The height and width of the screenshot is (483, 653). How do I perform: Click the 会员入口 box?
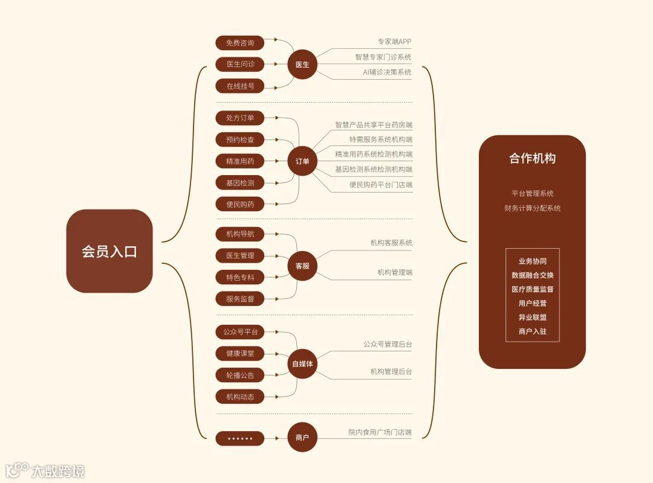(109, 251)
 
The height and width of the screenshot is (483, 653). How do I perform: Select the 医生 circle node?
(302, 65)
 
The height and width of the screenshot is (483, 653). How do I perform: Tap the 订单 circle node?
(302, 161)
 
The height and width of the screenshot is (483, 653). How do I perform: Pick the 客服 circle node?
(302, 266)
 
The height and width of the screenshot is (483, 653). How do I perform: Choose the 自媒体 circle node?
(302, 363)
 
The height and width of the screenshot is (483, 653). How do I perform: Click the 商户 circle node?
(302, 438)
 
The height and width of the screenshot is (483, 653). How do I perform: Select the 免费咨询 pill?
(240, 43)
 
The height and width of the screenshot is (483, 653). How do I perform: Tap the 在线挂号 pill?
(240, 86)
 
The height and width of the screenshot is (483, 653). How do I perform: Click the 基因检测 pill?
(240, 182)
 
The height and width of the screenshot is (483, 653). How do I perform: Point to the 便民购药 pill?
(240, 204)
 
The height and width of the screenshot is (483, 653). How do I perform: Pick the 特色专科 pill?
(240, 277)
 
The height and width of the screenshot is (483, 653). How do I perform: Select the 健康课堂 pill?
(240, 354)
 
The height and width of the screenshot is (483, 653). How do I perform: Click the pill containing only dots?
(240, 438)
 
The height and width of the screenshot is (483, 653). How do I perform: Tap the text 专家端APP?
(394, 42)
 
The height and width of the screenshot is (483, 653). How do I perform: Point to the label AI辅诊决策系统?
(387, 72)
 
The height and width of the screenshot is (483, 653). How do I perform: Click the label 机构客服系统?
(391, 243)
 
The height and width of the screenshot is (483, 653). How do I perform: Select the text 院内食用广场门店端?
(380, 432)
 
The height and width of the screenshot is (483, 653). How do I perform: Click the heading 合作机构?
(532, 159)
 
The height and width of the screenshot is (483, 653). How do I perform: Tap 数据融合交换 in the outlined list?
(532, 275)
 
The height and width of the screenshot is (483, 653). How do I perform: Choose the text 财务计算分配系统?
(532, 208)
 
